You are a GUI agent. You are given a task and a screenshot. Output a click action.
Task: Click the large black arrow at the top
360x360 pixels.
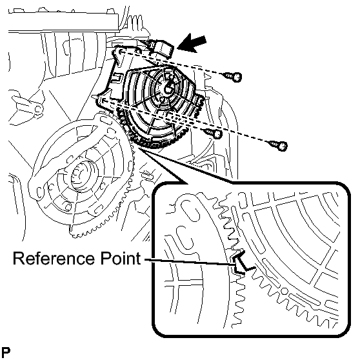click(192, 43)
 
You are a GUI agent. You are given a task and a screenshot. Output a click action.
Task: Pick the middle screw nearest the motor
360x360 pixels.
click(214, 133)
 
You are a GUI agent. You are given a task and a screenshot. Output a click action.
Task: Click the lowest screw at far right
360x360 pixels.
click(279, 145)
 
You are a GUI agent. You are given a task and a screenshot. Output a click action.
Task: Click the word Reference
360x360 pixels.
click(54, 258)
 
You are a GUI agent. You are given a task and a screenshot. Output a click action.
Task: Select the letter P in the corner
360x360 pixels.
click(6, 352)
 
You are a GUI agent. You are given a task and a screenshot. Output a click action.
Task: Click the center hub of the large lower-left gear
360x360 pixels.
click(81, 174)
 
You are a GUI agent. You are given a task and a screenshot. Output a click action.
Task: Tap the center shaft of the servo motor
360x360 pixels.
click(169, 88)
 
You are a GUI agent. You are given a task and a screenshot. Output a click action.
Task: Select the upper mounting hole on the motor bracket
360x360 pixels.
click(121, 51)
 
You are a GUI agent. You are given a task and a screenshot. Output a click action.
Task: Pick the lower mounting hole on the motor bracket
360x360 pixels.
click(104, 101)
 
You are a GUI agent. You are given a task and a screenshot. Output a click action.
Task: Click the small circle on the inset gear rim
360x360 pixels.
click(284, 292)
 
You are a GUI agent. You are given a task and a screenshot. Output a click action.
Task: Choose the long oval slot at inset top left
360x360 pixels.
click(190, 212)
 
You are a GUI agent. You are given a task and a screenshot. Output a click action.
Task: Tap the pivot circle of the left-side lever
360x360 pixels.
click(39, 109)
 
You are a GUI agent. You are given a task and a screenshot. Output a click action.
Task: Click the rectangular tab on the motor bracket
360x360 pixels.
click(116, 77)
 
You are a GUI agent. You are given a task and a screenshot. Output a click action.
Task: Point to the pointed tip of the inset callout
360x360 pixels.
click(139, 148)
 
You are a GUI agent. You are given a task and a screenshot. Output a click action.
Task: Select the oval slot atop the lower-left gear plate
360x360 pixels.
click(103, 119)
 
